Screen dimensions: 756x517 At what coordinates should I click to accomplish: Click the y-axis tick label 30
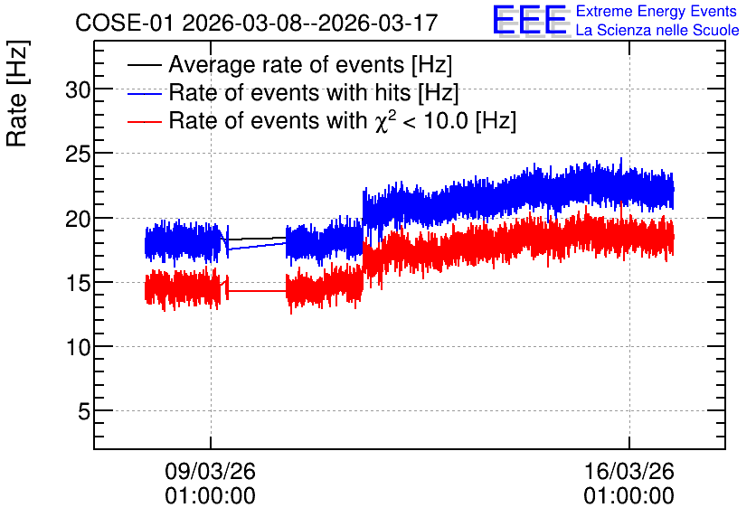[x=78, y=89]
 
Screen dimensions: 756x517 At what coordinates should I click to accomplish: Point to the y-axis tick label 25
[x=78, y=154]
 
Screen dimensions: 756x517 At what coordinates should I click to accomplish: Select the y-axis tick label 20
[x=78, y=218]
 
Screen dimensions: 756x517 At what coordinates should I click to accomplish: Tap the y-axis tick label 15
[x=78, y=283]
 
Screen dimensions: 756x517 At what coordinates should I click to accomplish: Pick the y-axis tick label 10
[x=78, y=347]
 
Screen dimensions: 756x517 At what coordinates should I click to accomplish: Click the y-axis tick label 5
[x=84, y=411]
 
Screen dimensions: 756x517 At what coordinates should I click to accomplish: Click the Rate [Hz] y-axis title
[x=17, y=93]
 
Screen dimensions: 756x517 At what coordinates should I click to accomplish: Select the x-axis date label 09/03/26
[x=210, y=471]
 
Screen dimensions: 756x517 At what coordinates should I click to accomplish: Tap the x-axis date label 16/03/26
[x=628, y=471]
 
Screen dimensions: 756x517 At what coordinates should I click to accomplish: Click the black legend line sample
[x=144, y=65]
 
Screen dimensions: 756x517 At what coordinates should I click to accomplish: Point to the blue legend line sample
[x=144, y=93]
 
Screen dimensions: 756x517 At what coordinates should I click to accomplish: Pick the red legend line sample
[x=144, y=122]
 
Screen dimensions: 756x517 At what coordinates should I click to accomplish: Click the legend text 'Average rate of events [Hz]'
[x=310, y=64]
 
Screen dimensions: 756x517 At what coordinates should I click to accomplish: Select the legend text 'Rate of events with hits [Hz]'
[x=314, y=92]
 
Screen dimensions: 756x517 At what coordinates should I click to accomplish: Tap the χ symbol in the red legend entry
[x=381, y=123]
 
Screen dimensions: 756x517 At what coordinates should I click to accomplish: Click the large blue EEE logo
[x=530, y=20]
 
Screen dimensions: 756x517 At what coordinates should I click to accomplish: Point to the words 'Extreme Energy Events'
[x=657, y=11]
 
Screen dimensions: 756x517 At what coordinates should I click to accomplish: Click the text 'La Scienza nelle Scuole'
[x=657, y=30]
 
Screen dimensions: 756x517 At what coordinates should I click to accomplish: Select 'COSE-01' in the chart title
[x=124, y=23]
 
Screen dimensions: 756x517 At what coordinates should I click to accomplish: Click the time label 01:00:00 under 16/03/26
[x=628, y=496]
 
